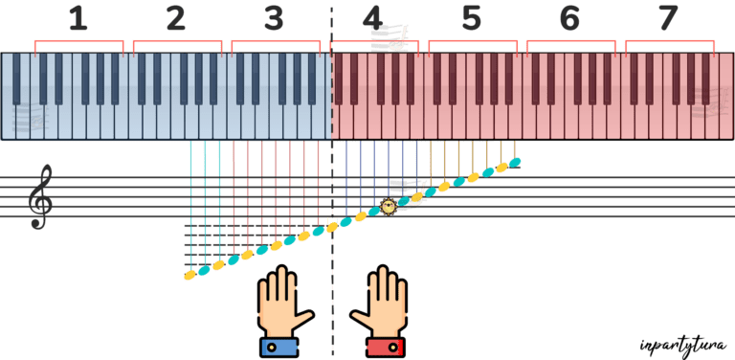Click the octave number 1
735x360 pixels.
(x=78, y=18)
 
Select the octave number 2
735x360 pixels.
(x=176, y=18)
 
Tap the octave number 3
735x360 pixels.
(x=275, y=18)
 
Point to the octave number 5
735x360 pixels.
(x=472, y=18)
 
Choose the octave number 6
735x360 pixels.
(x=570, y=18)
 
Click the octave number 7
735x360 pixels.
(x=668, y=18)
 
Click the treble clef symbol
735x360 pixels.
(x=39, y=196)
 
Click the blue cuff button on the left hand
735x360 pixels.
(x=271, y=348)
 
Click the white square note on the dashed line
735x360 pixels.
(x=332, y=222)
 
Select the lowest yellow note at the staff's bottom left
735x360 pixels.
(x=189, y=276)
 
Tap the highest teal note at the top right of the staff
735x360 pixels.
(x=515, y=163)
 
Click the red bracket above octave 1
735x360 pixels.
(x=78, y=41)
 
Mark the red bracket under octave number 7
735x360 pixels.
(x=669, y=41)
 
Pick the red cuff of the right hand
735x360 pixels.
(x=386, y=347)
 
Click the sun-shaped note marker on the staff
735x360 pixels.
(x=389, y=206)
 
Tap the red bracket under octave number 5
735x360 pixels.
(x=473, y=41)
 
